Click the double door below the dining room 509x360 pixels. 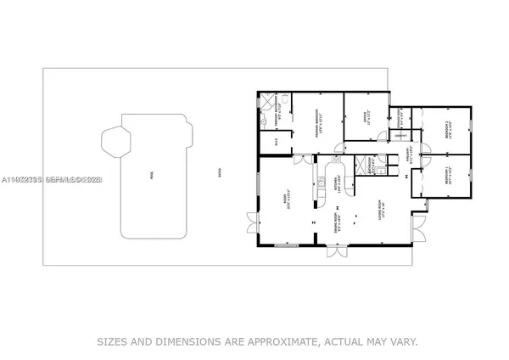pyautogui.click(x=338, y=252)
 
